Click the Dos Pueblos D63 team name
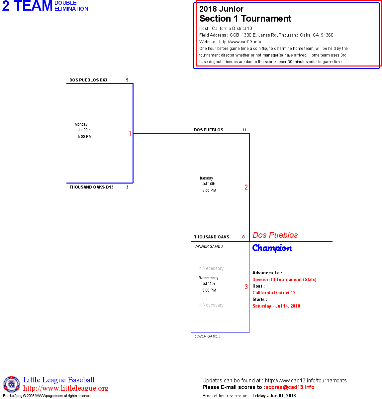(88, 80)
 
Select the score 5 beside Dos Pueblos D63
(127, 80)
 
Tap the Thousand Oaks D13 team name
(91, 187)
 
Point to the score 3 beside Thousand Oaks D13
(127, 187)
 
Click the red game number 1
(130, 133)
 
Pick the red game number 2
(246, 187)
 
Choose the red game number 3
(246, 287)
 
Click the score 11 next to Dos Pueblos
(244, 130)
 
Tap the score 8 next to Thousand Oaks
(243, 237)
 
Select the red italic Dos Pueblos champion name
(275, 235)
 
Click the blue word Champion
(272, 248)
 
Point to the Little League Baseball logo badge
(12, 384)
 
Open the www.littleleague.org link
(66, 388)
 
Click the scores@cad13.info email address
(290, 387)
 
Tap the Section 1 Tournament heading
(245, 19)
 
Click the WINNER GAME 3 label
(209, 246)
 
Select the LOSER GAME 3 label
(207, 336)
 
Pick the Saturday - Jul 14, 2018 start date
(276, 306)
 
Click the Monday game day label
(81, 124)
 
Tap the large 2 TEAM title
(28, 6)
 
